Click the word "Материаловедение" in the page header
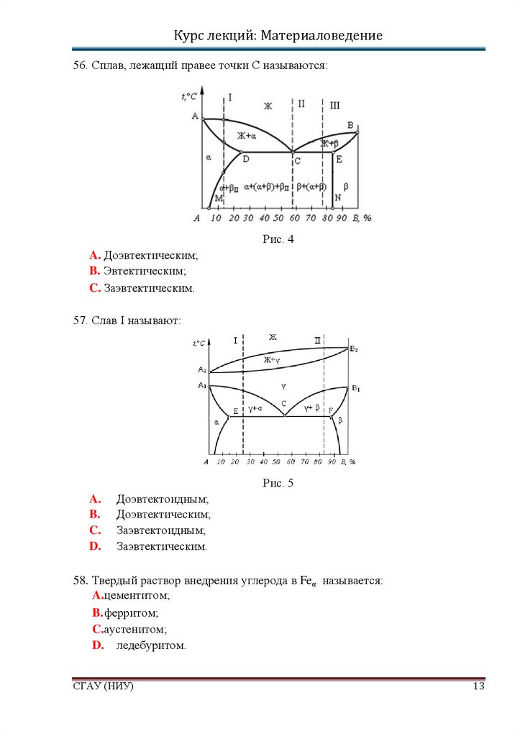tap(321, 35)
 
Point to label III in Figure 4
tap(334, 106)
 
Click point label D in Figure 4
tap(245, 159)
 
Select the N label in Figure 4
tap(337, 198)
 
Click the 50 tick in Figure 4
tap(280, 218)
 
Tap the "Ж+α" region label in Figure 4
tap(247, 136)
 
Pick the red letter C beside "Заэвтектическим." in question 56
tap(94, 287)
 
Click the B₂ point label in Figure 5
tap(354, 349)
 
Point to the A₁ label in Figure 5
tap(202, 386)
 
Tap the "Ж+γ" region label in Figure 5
tap(271, 359)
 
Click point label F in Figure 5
tap(330, 410)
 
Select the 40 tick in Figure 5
tap(264, 461)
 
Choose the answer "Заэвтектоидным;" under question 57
tap(161, 530)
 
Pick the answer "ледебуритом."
tap(151, 645)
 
